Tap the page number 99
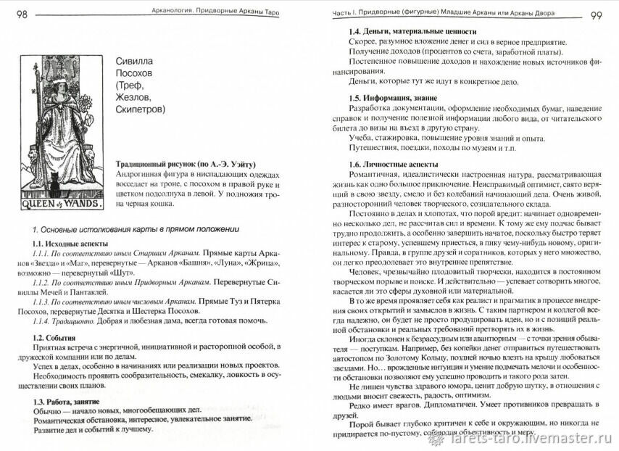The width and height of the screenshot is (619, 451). pos(602,15)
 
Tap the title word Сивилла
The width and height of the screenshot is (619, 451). pos(136,62)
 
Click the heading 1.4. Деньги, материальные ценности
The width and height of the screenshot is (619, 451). pos(412,32)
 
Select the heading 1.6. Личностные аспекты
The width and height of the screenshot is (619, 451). pos(399,164)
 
